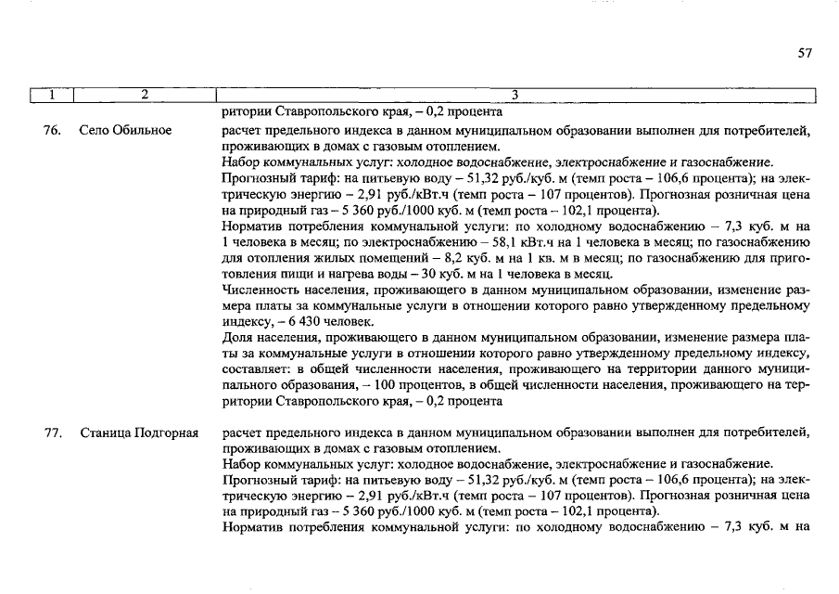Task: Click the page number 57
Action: tap(804, 54)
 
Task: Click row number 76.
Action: tap(53, 130)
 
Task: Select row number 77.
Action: tap(53, 433)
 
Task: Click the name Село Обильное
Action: tap(125, 130)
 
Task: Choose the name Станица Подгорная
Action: tap(139, 433)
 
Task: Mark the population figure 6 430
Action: tap(278, 322)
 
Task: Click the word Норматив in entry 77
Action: tap(255, 527)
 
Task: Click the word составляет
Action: tap(257, 369)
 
